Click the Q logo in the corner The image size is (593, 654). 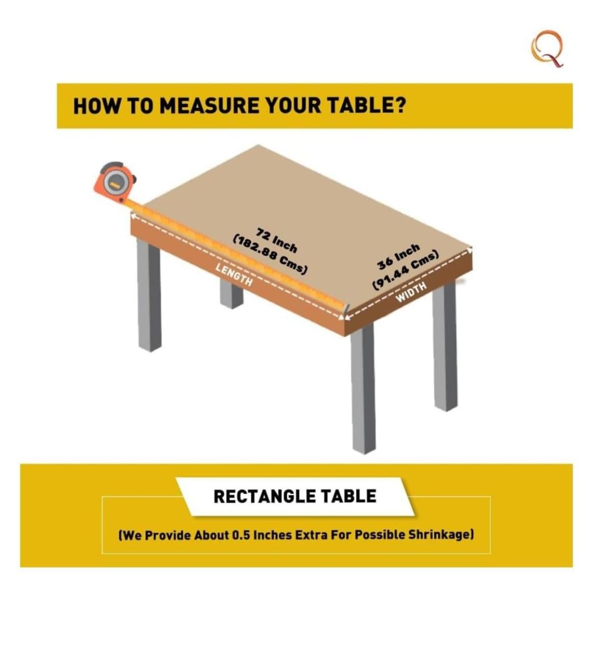click(x=547, y=49)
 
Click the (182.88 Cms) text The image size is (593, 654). click(x=270, y=255)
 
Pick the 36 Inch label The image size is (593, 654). click(x=398, y=256)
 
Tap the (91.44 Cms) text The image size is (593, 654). click(x=405, y=271)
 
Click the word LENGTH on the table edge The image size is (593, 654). click(x=234, y=274)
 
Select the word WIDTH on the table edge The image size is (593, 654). click(x=411, y=291)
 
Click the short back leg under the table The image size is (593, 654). click(x=231, y=294)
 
